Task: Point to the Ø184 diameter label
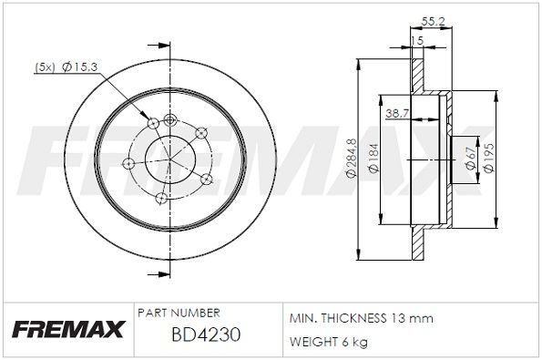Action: pos(373,159)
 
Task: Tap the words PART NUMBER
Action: pos(179,312)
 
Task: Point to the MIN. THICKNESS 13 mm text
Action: pos(361,318)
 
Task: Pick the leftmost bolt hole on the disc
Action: pos(128,163)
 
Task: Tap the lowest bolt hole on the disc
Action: pos(161,198)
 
